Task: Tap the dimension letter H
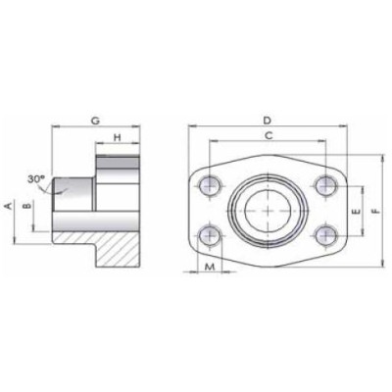click(116, 138)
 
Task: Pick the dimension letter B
click(27, 207)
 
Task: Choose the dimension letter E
click(356, 210)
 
